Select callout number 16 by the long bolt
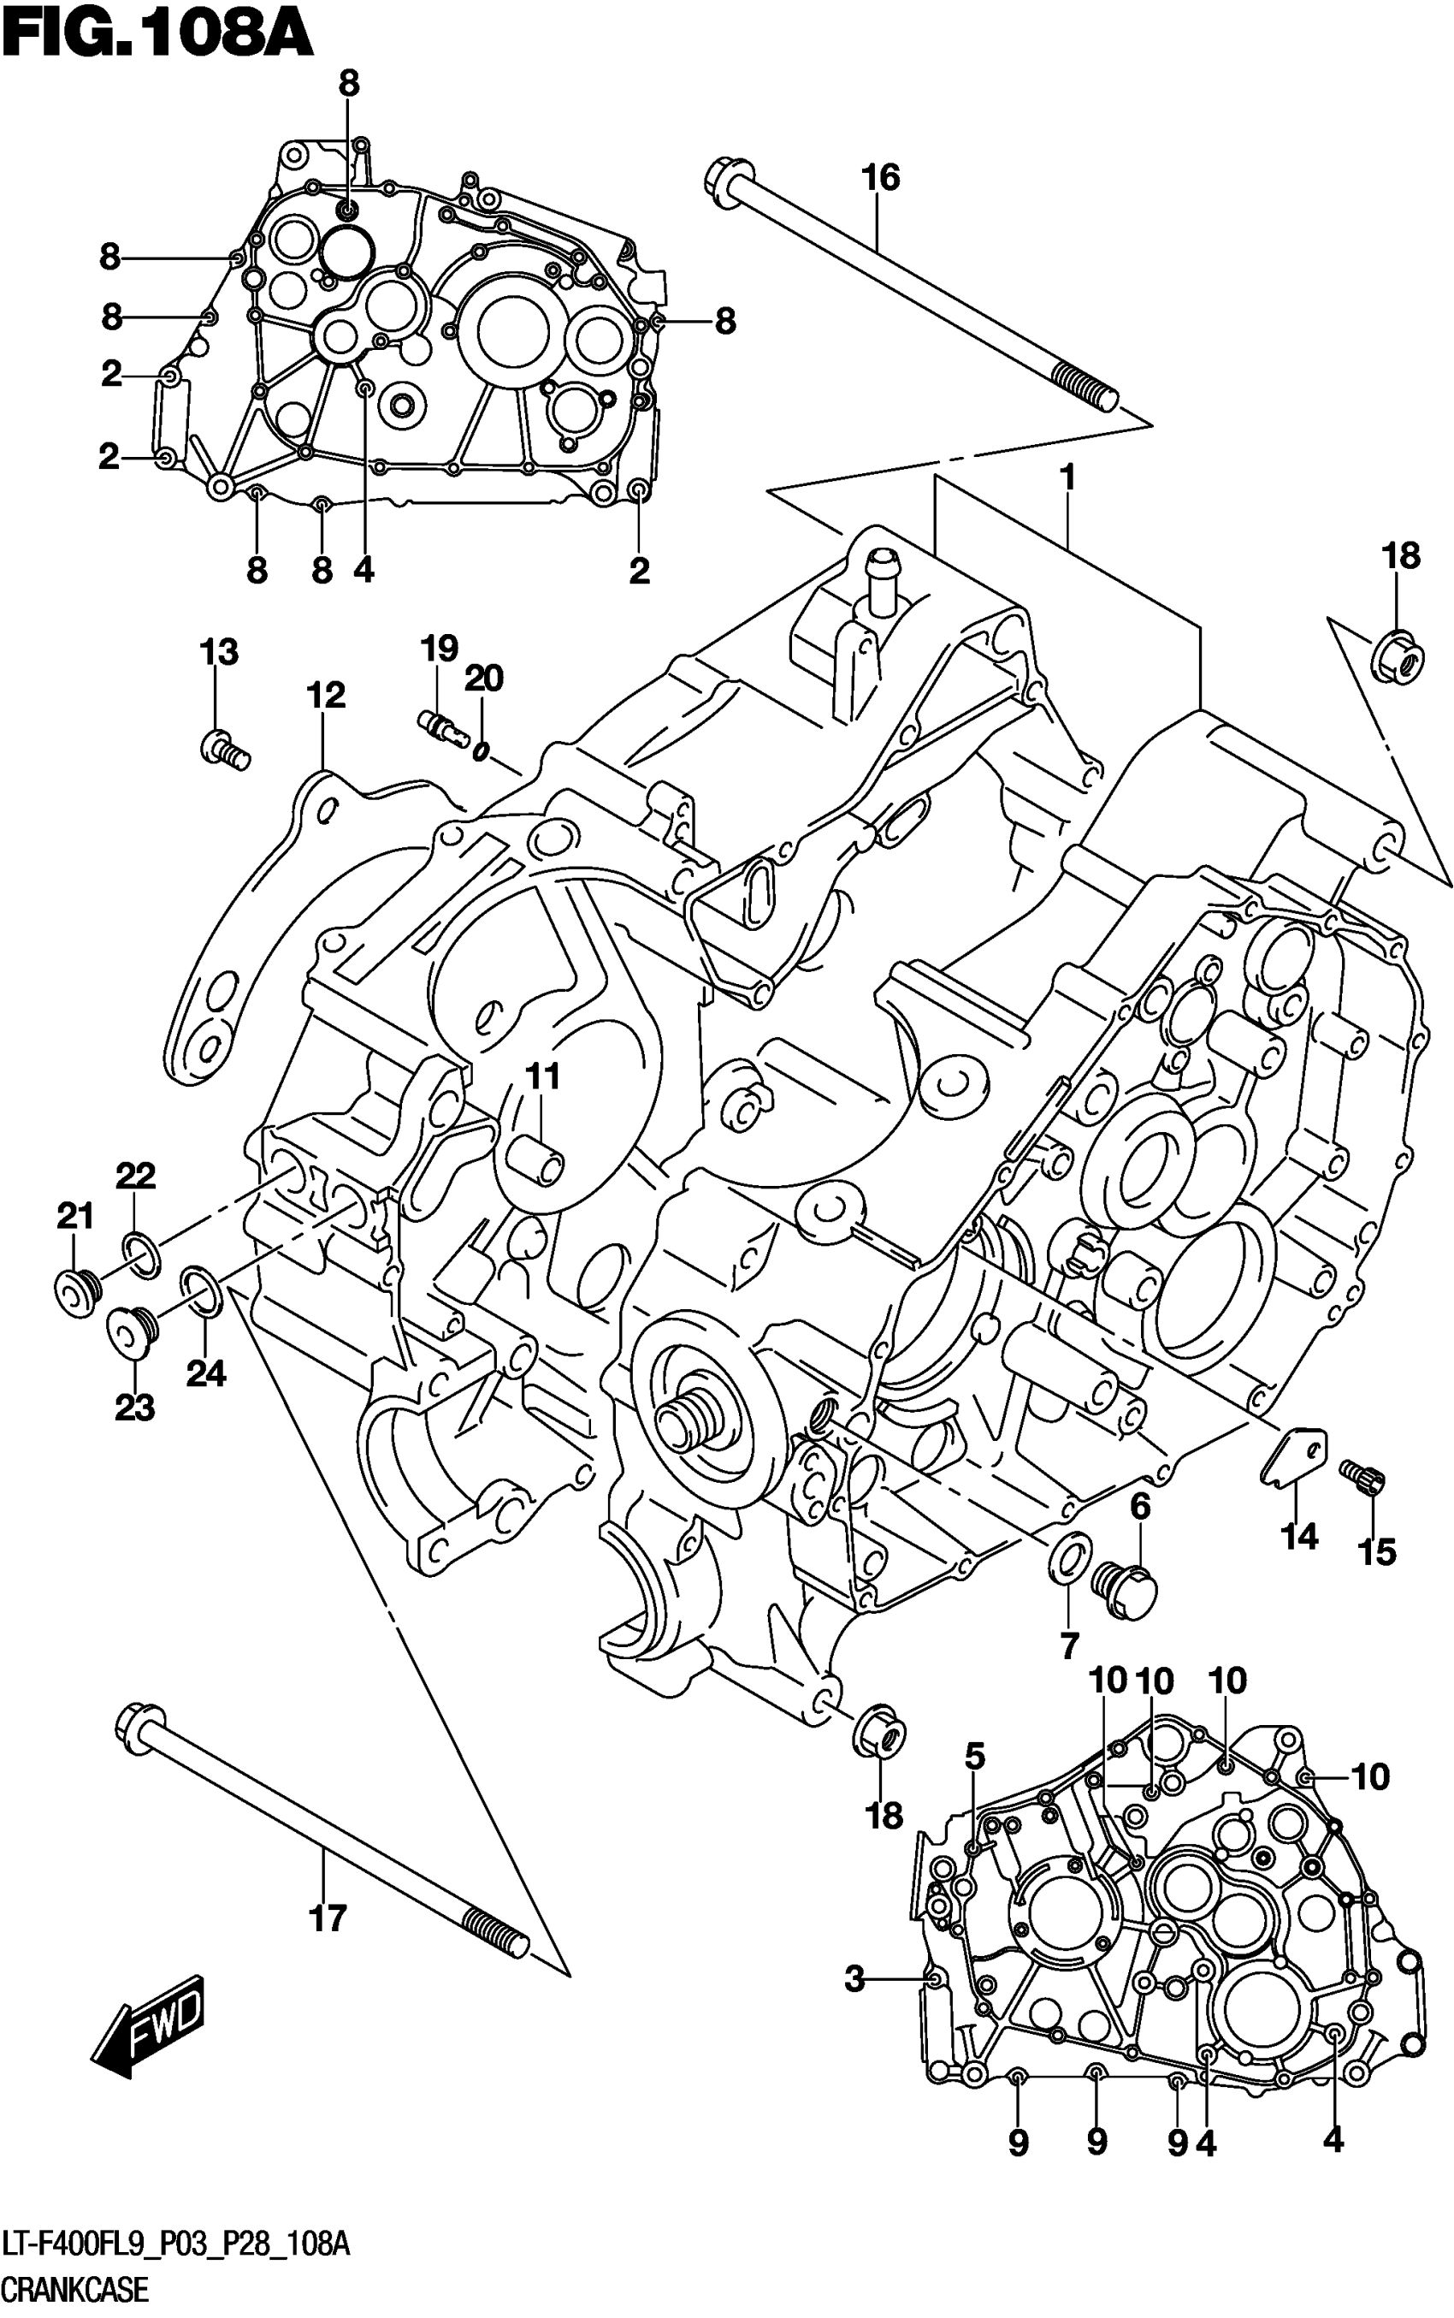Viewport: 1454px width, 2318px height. pyautogui.click(x=880, y=178)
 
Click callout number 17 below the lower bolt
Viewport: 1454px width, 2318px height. pyautogui.click(x=327, y=1919)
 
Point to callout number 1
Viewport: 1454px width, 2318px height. pyautogui.click(x=1067, y=478)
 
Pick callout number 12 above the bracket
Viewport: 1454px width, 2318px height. pyautogui.click(x=326, y=696)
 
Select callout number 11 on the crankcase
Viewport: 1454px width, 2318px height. pyautogui.click(x=542, y=1076)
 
